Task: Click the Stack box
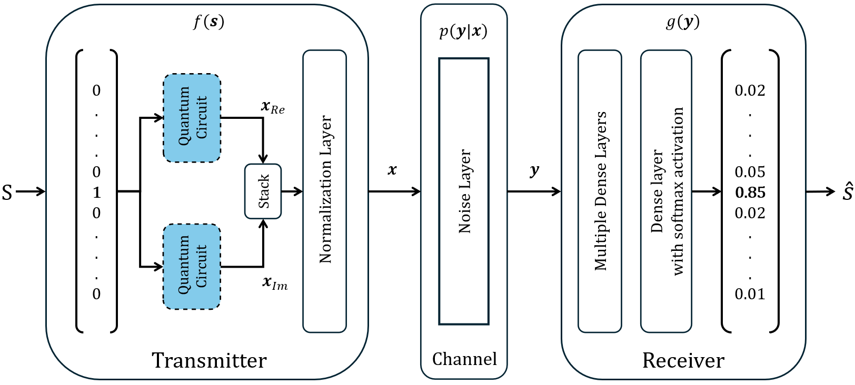click(x=263, y=191)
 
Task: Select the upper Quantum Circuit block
click(x=192, y=118)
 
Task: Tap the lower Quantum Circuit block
click(x=192, y=267)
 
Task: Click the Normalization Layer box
click(x=325, y=191)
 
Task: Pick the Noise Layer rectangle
click(x=464, y=191)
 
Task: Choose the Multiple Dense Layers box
click(x=600, y=191)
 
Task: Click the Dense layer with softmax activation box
click(x=667, y=191)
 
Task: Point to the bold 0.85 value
click(x=750, y=192)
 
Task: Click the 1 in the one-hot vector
click(x=96, y=192)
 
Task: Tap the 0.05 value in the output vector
click(x=750, y=172)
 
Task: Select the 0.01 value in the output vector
click(x=750, y=295)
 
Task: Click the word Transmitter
click(x=209, y=361)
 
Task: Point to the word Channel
click(x=464, y=359)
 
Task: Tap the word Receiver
click(x=683, y=361)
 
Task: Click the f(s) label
click(x=208, y=22)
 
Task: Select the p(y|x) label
click(x=463, y=31)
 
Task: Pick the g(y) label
click(x=683, y=22)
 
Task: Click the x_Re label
click(x=273, y=107)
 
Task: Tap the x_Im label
click(x=275, y=283)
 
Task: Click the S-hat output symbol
click(x=847, y=191)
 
